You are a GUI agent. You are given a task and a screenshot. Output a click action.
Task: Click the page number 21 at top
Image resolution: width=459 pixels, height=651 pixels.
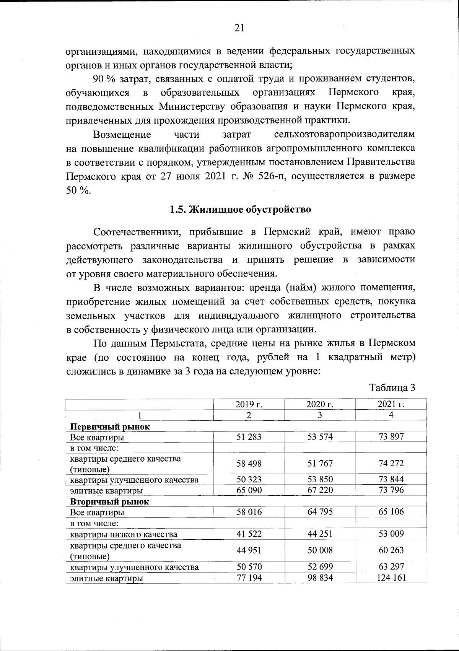tap(238, 28)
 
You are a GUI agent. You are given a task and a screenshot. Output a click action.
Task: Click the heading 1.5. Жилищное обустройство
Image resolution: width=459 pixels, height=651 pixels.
tap(240, 210)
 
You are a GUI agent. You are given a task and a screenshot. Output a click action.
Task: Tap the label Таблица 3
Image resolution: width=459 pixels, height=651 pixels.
tap(392, 387)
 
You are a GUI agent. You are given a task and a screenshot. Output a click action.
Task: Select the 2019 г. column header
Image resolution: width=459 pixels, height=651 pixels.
tap(249, 404)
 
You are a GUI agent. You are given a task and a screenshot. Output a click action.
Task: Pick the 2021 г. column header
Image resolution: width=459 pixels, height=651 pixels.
tap(391, 404)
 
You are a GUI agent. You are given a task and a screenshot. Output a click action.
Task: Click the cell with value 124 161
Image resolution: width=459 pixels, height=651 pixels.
tap(391, 577)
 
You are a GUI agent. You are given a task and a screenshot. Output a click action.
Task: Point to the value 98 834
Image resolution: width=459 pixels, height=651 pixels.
tap(320, 577)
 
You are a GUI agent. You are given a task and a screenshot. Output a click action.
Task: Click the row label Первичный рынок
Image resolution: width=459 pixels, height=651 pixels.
tap(110, 426)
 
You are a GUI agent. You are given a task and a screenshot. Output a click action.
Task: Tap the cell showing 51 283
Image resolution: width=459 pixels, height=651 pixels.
tap(249, 437)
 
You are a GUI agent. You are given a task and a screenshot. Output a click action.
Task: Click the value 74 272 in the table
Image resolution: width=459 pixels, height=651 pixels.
tap(391, 463)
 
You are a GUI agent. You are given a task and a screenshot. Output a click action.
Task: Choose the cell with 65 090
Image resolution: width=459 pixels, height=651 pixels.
tap(249, 490)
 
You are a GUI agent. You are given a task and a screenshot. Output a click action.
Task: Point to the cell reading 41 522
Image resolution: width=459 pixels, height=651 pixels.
tap(249, 534)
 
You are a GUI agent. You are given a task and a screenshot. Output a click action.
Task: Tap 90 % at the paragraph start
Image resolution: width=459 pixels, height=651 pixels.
tap(104, 79)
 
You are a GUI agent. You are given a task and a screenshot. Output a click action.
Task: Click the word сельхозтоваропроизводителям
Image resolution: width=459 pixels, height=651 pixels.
tap(344, 135)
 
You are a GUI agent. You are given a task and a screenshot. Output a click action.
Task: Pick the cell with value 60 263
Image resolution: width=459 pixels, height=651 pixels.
tap(391, 550)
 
